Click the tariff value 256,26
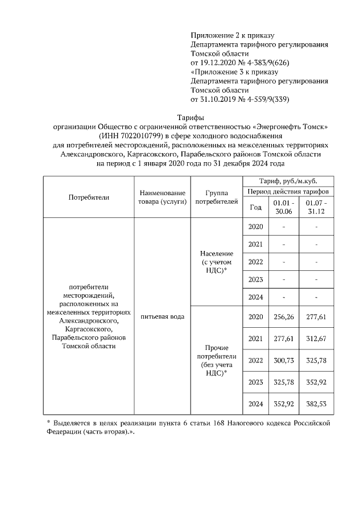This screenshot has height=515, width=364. click(x=283, y=317)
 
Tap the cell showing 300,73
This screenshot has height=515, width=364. click(x=283, y=361)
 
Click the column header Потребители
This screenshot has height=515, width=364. click(x=89, y=197)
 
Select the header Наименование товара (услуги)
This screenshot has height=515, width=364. click(x=162, y=197)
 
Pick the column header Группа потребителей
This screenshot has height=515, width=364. click(x=213, y=197)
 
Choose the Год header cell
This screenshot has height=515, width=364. click(x=255, y=207)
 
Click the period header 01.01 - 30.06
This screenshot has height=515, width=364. click(x=283, y=207)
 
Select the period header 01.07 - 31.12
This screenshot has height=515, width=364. click(x=316, y=207)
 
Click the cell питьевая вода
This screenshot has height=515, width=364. click(x=162, y=316)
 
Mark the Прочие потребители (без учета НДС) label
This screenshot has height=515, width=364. click(x=213, y=360)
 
